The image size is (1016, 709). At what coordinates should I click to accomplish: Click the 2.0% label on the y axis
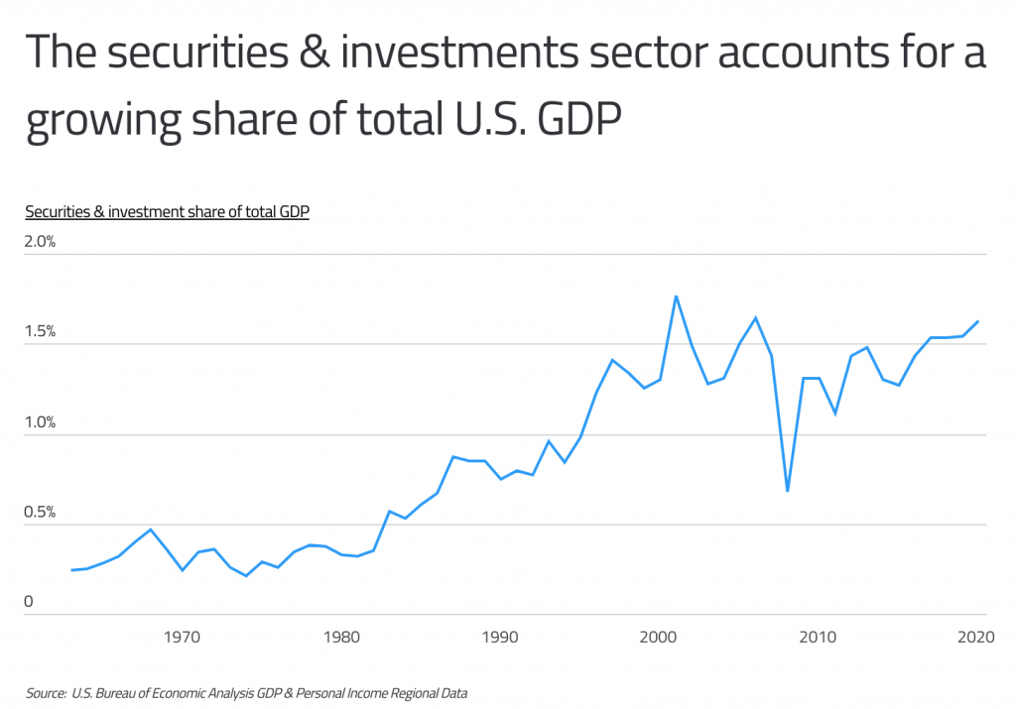coord(41,242)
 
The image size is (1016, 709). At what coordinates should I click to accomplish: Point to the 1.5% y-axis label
coord(41,332)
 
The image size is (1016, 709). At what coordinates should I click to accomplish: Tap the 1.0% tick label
coord(41,422)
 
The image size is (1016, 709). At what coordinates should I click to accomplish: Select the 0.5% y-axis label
coord(41,513)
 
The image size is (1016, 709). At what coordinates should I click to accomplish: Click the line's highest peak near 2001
coord(676,295)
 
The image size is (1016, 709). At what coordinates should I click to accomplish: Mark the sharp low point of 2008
coord(787,491)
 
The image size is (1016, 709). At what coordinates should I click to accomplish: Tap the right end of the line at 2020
coord(978,321)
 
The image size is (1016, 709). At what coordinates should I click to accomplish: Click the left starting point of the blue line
coord(71,570)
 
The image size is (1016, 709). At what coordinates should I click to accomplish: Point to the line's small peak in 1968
coord(151,529)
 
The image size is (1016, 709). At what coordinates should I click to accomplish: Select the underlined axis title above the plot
coord(167,211)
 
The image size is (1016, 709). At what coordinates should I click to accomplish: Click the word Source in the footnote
coord(46,692)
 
